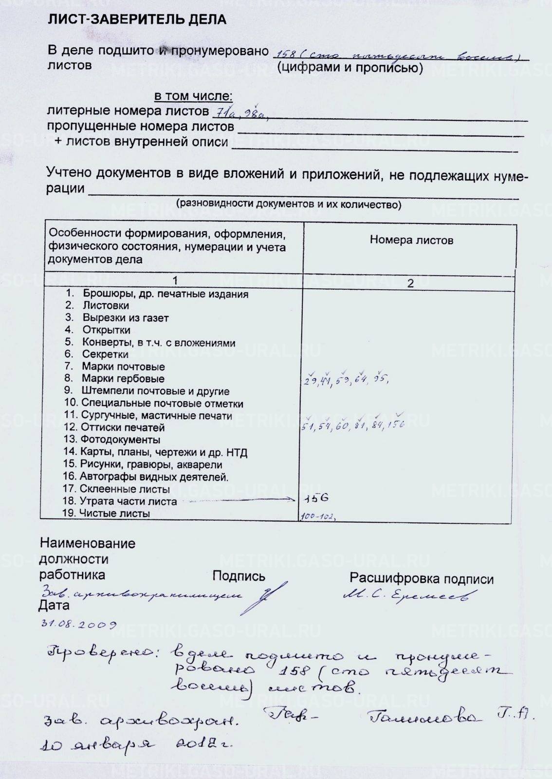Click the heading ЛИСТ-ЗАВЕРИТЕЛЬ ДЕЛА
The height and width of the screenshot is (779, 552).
point(137,20)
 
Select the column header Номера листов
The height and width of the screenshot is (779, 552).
point(411,240)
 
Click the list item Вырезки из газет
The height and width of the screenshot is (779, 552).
point(125,318)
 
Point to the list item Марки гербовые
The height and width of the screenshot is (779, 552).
point(123,379)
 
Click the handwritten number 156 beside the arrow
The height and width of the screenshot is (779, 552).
point(316,498)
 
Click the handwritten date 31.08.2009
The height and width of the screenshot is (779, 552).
point(78,625)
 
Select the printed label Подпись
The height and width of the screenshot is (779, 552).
point(239,576)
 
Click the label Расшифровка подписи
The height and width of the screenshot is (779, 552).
point(421,579)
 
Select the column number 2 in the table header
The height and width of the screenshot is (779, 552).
point(410,283)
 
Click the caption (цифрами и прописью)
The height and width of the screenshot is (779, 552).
point(350,68)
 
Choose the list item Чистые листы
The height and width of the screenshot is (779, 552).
point(114,513)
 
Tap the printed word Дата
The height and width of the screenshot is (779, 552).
point(54,606)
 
